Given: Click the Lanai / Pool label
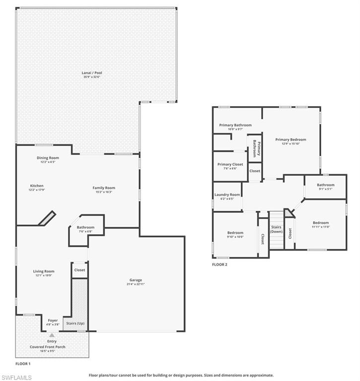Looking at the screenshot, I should pos(92,73).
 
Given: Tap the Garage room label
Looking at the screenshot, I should pos(136,280).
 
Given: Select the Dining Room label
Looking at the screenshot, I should pos(48,158).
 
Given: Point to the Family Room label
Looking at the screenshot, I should pos(104,188).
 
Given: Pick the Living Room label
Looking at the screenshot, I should pos(44,271).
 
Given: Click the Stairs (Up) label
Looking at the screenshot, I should pos(75,323).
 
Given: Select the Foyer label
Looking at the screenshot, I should pos(53,320).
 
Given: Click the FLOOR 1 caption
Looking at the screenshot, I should pos(23,364).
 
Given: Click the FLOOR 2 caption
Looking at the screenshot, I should pos(219,264).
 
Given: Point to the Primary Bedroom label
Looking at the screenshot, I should pos(290,139).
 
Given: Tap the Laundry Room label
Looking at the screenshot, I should pos(227,194).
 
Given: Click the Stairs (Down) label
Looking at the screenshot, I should pos(276,229).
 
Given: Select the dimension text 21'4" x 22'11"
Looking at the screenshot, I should pos(136,284).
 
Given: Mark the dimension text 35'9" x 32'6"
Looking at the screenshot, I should pos(92,77).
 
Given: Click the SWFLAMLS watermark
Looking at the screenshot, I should pos(17,378).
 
